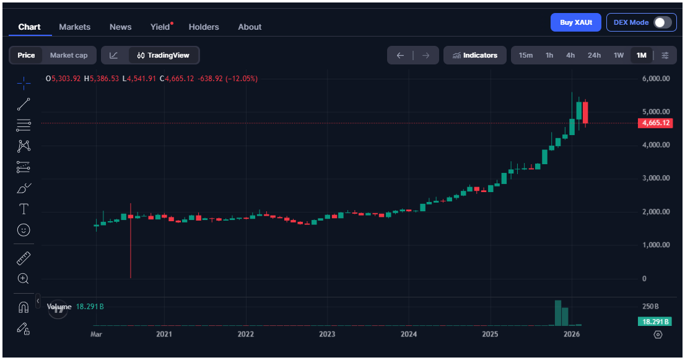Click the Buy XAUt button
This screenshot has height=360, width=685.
tap(576, 22)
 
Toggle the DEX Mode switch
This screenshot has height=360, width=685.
tap(662, 22)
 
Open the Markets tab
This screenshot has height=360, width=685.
tap(74, 27)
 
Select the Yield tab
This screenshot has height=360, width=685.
tap(160, 27)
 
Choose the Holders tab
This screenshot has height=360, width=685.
tap(204, 27)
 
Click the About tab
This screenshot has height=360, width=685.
tap(250, 27)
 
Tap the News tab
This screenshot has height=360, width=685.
tap(120, 27)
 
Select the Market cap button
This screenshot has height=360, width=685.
tap(69, 55)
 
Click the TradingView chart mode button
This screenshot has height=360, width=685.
tap(164, 55)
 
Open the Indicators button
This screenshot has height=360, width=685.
tap(475, 55)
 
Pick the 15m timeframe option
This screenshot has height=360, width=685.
tap(525, 55)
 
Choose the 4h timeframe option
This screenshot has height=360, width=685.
tap(570, 55)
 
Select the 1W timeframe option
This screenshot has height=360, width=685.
tap(619, 55)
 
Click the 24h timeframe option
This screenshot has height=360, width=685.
tap(594, 55)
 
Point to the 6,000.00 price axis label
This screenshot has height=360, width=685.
tap(656, 79)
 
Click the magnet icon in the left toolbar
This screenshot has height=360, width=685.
tap(24, 307)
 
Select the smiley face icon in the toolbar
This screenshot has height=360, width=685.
tap(24, 230)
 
